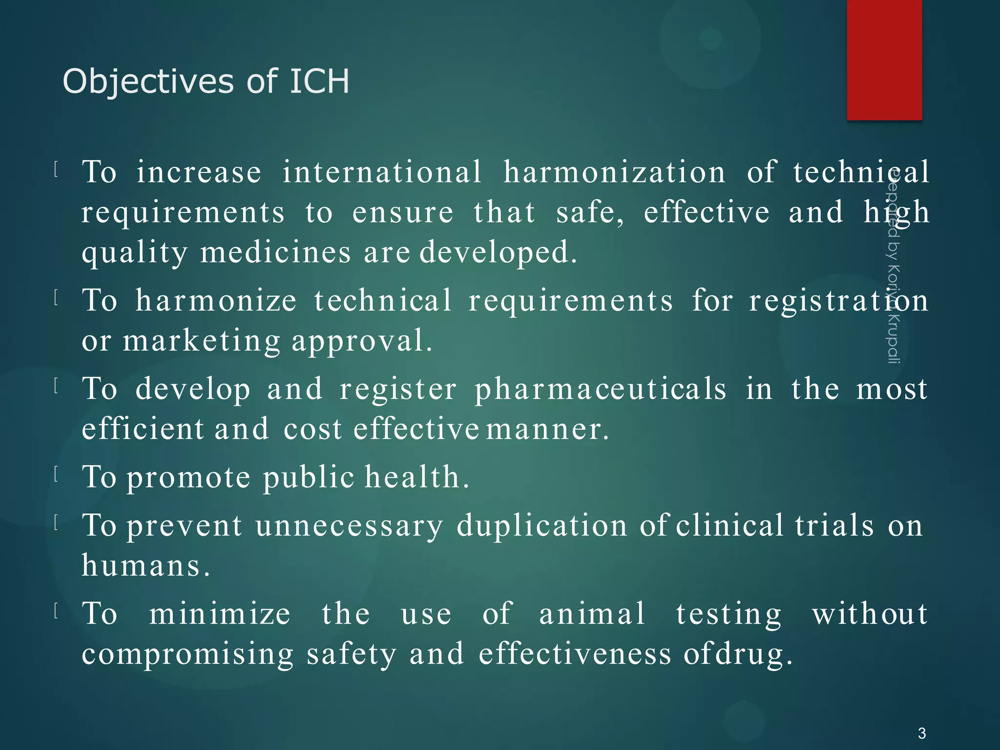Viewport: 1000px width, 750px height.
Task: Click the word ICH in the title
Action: [x=319, y=81]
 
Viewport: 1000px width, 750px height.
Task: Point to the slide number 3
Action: [x=921, y=733]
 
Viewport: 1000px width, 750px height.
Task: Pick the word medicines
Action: [x=275, y=252]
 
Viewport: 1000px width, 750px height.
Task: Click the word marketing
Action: [x=201, y=341]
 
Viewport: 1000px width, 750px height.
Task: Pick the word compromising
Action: [x=187, y=654]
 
